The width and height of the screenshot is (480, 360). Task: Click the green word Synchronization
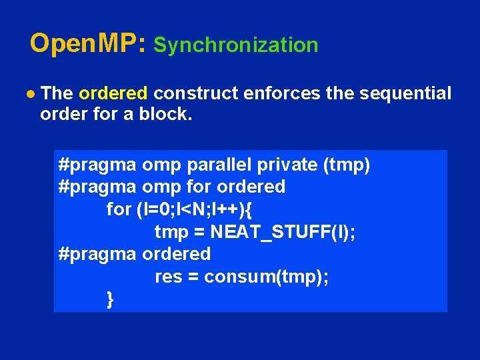pyautogui.click(x=236, y=45)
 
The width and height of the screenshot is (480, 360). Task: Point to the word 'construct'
pyautogui.click(x=198, y=93)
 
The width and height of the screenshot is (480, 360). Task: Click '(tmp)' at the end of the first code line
pyautogui.click(x=346, y=165)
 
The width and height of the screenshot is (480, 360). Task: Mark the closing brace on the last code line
pyautogui.click(x=110, y=299)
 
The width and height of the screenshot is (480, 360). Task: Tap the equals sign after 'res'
pyautogui.click(x=193, y=277)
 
